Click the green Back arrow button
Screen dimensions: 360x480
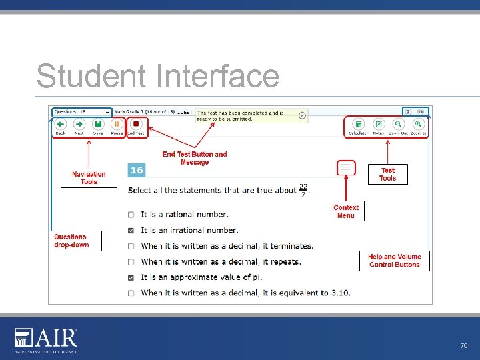click(x=60, y=125)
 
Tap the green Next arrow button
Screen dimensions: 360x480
click(x=79, y=125)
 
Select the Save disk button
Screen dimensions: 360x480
click(x=98, y=125)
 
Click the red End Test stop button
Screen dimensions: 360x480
click(x=136, y=125)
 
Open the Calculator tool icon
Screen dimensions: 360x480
click(x=358, y=125)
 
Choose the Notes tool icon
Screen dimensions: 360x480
click(x=379, y=125)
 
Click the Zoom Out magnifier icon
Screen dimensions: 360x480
click(x=398, y=125)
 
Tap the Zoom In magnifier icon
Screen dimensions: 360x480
click(x=418, y=125)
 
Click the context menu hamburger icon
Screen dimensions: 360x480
click(x=345, y=168)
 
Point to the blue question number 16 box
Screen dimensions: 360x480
click(x=136, y=171)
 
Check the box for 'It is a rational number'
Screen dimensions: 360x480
click(x=131, y=215)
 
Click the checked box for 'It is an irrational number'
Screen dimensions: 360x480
click(x=131, y=231)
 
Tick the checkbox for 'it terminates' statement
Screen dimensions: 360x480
click(x=131, y=246)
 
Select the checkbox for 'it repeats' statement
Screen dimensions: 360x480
click(x=131, y=262)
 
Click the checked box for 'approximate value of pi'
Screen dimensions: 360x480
click(x=131, y=277)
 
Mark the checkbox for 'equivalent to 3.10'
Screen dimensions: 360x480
click(x=131, y=293)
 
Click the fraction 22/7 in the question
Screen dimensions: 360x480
click(x=303, y=190)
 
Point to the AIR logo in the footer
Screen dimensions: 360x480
click(x=46, y=340)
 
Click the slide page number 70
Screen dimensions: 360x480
click(x=464, y=346)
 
